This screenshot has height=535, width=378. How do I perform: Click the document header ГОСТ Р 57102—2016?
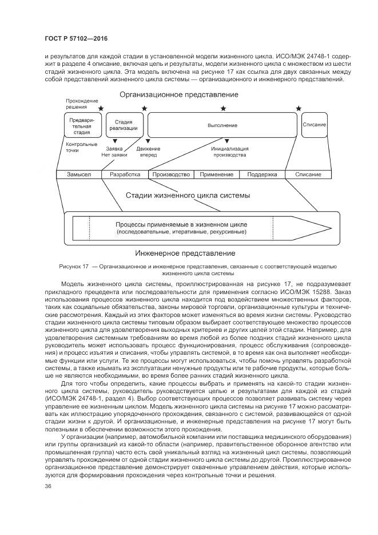(x=75, y=38)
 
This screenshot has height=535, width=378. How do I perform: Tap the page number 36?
(x=48, y=486)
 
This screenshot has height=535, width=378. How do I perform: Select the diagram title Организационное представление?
(x=179, y=94)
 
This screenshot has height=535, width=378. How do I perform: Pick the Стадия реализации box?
(x=124, y=125)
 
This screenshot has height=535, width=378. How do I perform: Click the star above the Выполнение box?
(x=223, y=108)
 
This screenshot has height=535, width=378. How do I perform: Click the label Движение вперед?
(x=148, y=152)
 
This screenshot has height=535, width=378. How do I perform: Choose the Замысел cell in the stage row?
(x=79, y=175)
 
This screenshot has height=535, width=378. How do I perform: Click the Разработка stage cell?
(x=125, y=175)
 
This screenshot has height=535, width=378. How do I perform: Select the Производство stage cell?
(x=171, y=175)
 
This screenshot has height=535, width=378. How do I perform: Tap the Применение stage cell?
(x=217, y=175)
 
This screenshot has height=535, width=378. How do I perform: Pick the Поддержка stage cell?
(x=262, y=175)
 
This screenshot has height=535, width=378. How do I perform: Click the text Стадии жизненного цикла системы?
(x=188, y=195)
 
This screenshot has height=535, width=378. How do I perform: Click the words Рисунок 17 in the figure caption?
(x=73, y=267)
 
